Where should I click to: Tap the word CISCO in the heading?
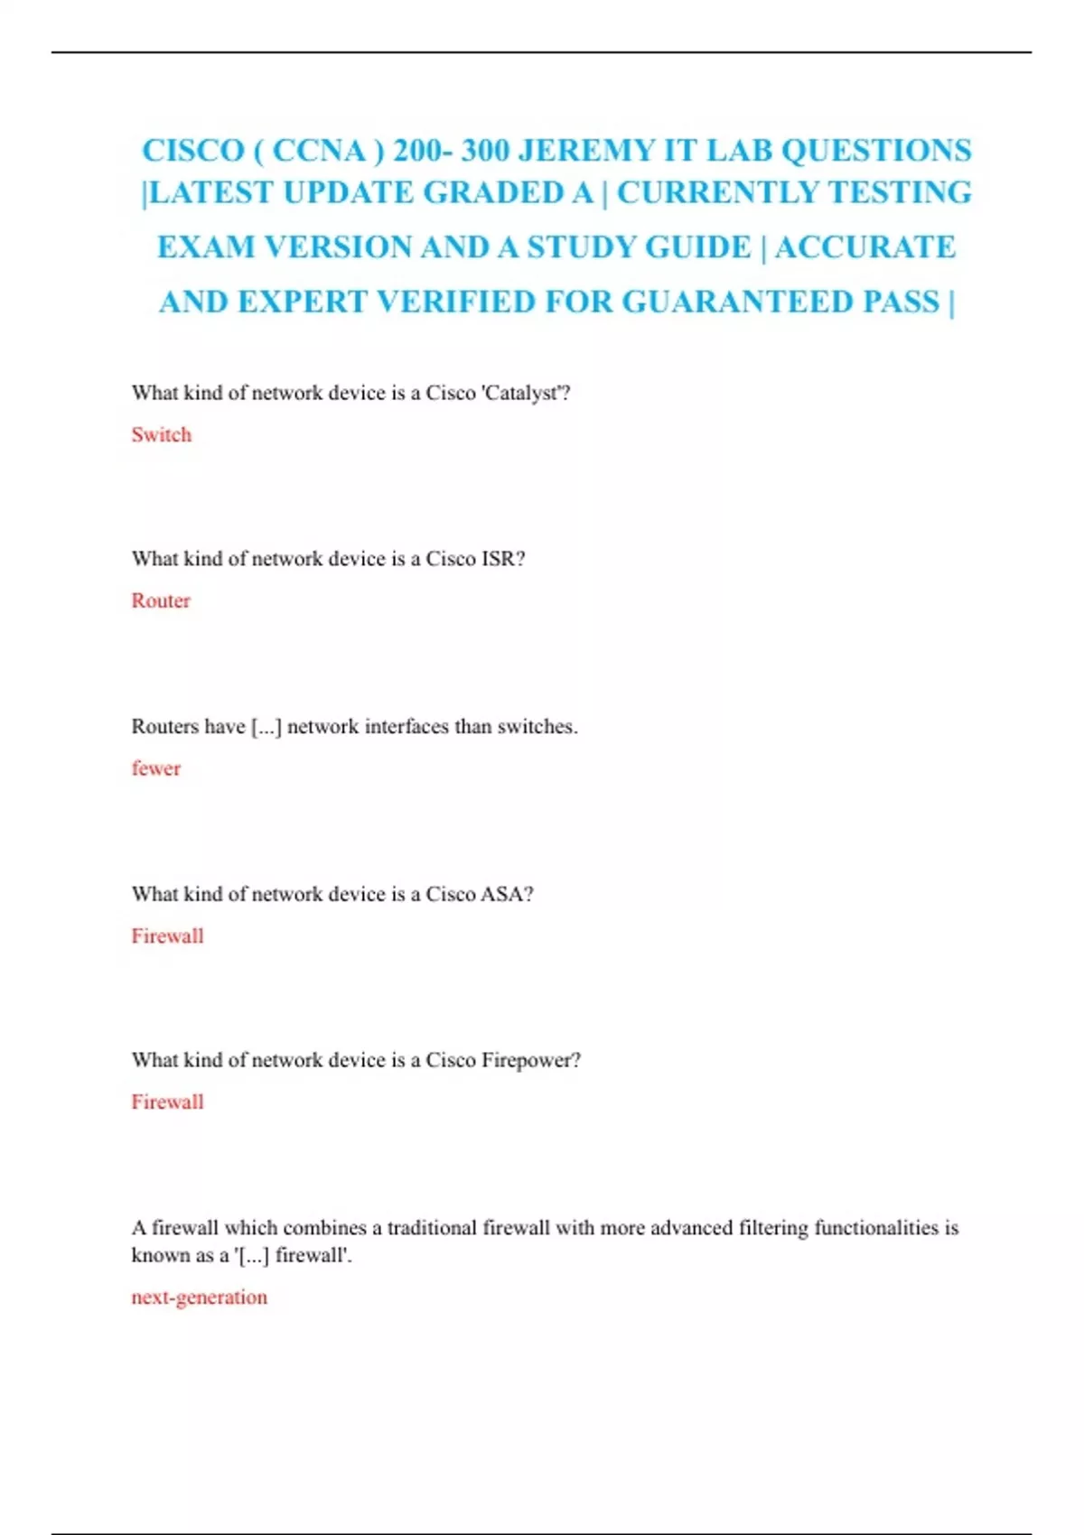(192, 150)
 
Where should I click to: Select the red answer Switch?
(162, 434)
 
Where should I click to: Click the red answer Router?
(161, 600)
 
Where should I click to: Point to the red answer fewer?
(156, 768)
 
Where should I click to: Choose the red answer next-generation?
(199, 1298)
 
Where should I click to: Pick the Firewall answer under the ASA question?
(167, 936)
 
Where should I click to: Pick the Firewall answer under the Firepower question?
(167, 1102)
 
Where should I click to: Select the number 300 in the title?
(484, 150)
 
